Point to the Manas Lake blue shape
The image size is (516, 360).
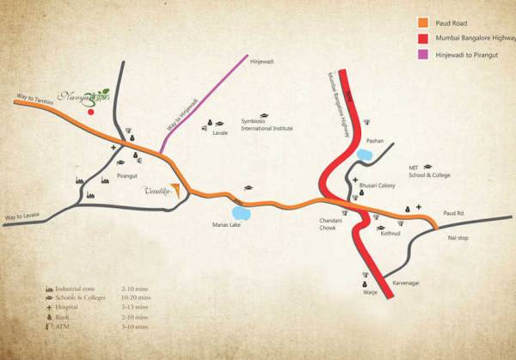[240, 210]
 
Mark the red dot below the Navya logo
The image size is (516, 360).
[90, 111]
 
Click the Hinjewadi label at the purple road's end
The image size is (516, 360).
[260, 63]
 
